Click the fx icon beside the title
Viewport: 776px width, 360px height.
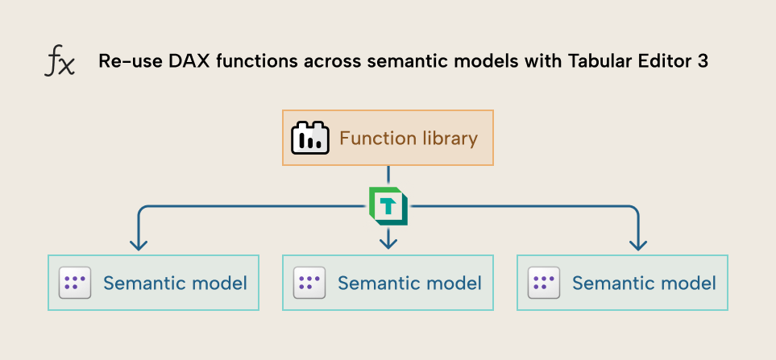click(59, 62)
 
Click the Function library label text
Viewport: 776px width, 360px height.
click(408, 139)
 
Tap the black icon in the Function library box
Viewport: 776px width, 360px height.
click(310, 139)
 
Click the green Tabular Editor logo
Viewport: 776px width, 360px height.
click(388, 205)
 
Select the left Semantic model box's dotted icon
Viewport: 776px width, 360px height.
click(75, 283)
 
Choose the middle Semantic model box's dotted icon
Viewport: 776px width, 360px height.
click(309, 283)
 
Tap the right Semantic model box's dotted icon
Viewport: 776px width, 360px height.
click(544, 283)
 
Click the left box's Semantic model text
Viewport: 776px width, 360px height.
click(175, 283)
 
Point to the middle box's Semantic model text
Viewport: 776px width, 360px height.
click(409, 283)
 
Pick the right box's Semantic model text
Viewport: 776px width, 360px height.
click(644, 283)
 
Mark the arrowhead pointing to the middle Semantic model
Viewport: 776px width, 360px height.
click(388, 241)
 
